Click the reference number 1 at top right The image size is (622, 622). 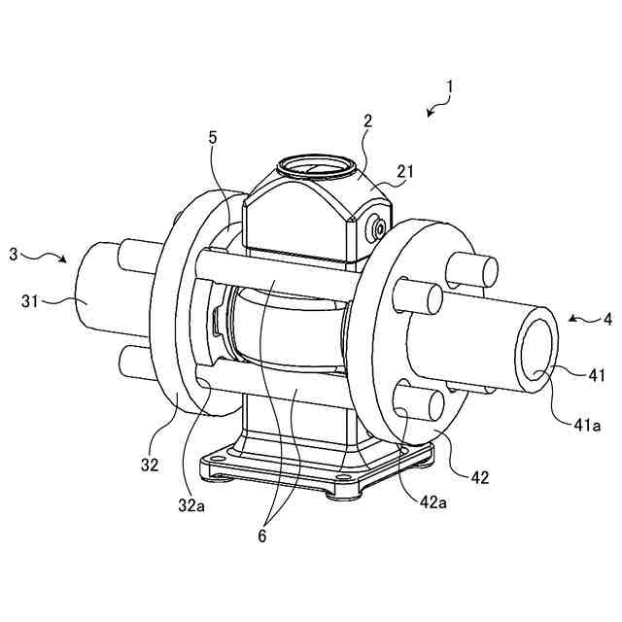(x=450, y=86)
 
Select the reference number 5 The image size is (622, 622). (x=213, y=137)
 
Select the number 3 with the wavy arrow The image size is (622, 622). (x=13, y=255)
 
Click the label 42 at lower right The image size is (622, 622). (x=480, y=477)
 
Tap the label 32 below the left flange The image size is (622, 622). (x=149, y=465)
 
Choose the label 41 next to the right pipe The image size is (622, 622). (x=595, y=373)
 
